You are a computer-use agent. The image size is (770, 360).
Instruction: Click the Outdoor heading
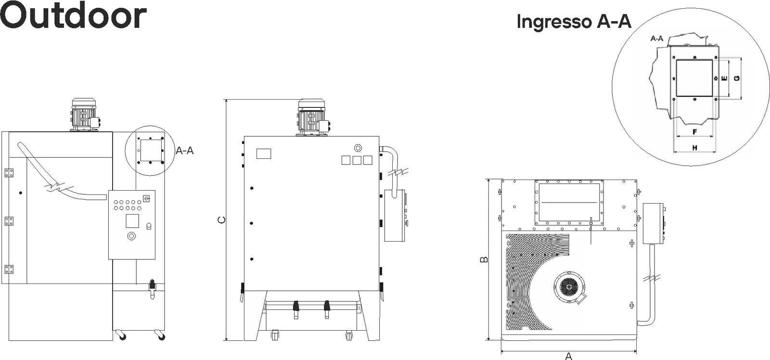click(73, 16)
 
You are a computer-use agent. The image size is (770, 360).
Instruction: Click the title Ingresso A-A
click(574, 21)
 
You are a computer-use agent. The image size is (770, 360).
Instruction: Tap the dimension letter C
click(222, 220)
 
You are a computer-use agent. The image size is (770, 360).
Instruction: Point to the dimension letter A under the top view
click(569, 356)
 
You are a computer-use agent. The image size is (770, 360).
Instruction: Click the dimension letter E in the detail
click(724, 78)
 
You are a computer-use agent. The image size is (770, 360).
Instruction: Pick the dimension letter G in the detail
click(737, 78)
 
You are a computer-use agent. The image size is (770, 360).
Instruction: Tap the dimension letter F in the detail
click(695, 132)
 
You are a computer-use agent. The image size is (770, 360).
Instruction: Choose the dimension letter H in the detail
click(695, 148)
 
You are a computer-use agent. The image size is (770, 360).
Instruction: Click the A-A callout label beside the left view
click(185, 151)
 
